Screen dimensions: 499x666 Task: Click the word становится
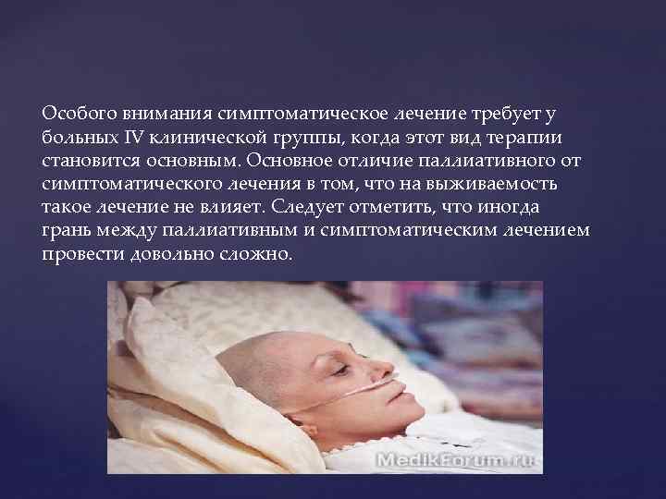tap(87, 161)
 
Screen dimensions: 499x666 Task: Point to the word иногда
tap(518, 207)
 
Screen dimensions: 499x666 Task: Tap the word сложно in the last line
tap(260, 253)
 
